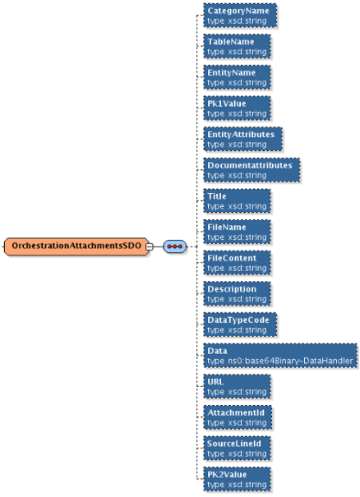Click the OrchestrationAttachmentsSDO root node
click(76, 246)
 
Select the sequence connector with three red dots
click(175, 246)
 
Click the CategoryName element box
click(238, 16)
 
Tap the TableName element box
click(238, 46)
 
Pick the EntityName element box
click(238, 77)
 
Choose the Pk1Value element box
click(238, 108)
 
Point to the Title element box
click(238, 200)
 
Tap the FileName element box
click(238, 231)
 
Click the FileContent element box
click(238, 262)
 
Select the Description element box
click(238, 293)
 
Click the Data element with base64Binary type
click(280, 355)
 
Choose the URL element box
click(238, 386)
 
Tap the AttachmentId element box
click(238, 416)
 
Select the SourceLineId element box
click(238, 448)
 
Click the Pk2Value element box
click(238, 478)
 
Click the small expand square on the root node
click(150, 246)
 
